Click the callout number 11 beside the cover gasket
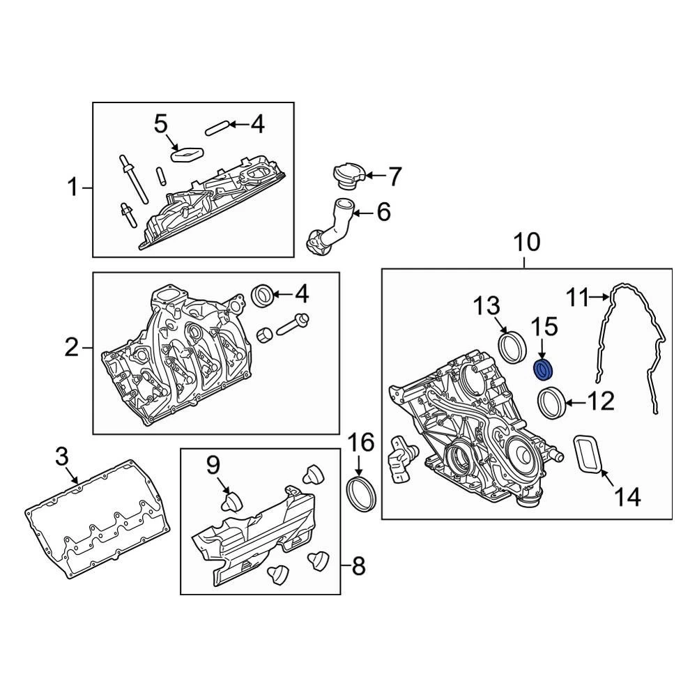pos(577,298)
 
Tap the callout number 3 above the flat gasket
pos(62,457)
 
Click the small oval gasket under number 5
pos(186,153)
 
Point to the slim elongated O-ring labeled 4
pos(216,127)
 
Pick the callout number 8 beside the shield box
pos(358,566)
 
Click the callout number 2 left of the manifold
pos(72,346)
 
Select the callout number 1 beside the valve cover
pos(73,187)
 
